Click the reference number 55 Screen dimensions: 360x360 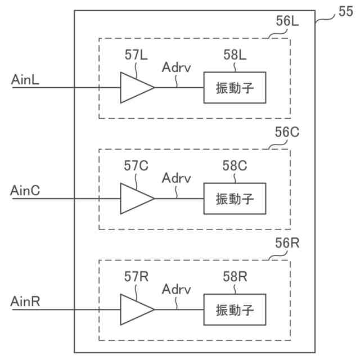[x=346, y=11]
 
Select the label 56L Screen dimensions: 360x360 [x=287, y=21]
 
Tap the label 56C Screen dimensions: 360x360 [x=287, y=132]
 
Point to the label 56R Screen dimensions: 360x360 [x=287, y=243]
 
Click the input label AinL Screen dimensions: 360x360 [x=25, y=80]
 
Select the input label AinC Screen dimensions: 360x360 [x=25, y=191]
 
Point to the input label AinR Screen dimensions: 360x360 [x=25, y=301]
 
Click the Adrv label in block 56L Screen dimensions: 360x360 [x=176, y=67]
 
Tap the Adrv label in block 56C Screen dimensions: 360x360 [x=176, y=178]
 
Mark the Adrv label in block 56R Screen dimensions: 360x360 [x=176, y=289]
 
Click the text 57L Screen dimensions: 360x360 [x=136, y=55]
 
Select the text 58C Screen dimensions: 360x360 [x=235, y=166]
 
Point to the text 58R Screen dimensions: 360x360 [x=235, y=277]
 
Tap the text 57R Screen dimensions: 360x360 [x=136, y=277]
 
